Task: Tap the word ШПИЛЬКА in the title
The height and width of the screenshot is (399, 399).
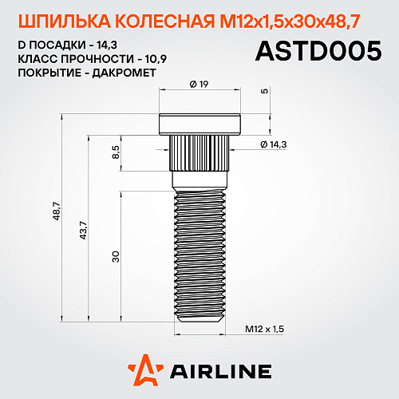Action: [x=56, y=18]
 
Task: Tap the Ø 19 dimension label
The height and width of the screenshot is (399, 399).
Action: [x=199, y=83]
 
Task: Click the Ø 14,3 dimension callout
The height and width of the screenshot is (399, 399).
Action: [x=273, y=143]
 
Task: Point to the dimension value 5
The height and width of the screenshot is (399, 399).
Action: [x=263, y=91]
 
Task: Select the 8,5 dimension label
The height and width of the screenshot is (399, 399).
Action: [x=117, y=152]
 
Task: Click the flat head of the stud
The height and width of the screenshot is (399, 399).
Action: [x=199, y=124]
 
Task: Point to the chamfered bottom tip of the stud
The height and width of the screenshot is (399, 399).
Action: [x=199, y=318]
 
